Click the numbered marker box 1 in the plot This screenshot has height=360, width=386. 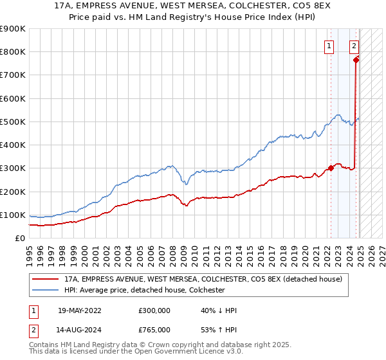pyautogui.click(x=329, y=46)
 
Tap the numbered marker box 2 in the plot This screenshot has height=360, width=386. pyautogui.click(x=354, y=46)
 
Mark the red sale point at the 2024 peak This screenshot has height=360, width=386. pyautogui.click(x=356, y=60)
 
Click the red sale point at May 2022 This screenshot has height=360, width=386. pyautogui.click(x=331, y=168)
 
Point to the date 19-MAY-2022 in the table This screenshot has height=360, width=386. pyautogui.click(x=79, y=310)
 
